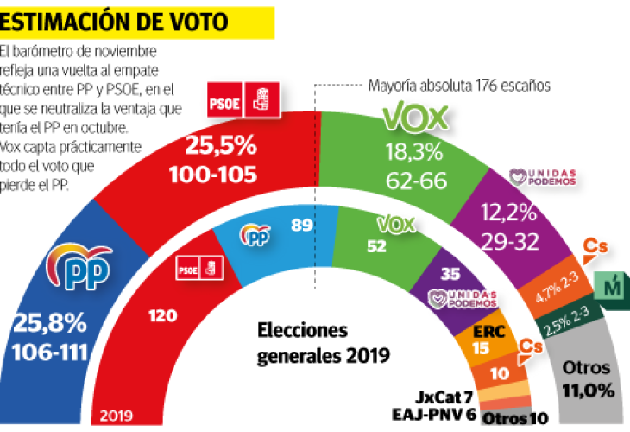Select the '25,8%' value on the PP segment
pyautogui.click(x=49, y=325)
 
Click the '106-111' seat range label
pyautogui.click(x=51, y=352)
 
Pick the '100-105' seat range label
pyautogui.click(x=220, y=175)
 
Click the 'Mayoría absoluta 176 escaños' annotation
pyautogui.click(x=458, y=86)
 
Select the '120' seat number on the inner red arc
pyautogui.click(x=161, y=318)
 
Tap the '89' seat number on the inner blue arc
pyautogui.click(x=302, y=227)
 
